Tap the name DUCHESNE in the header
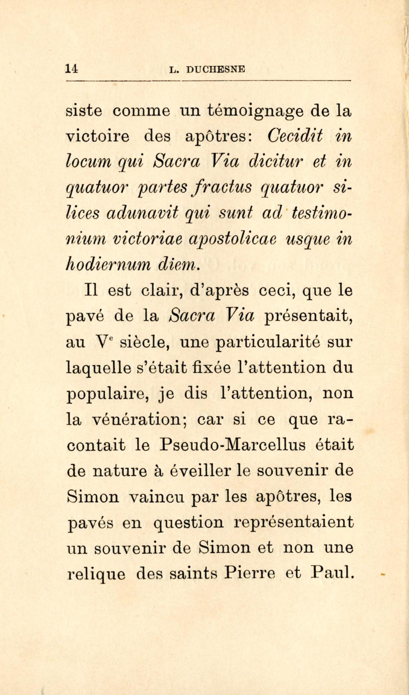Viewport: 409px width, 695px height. coord(216,70)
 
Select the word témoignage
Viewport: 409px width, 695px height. coord(255,111)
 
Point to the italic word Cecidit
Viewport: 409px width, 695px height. coord(295,136)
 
